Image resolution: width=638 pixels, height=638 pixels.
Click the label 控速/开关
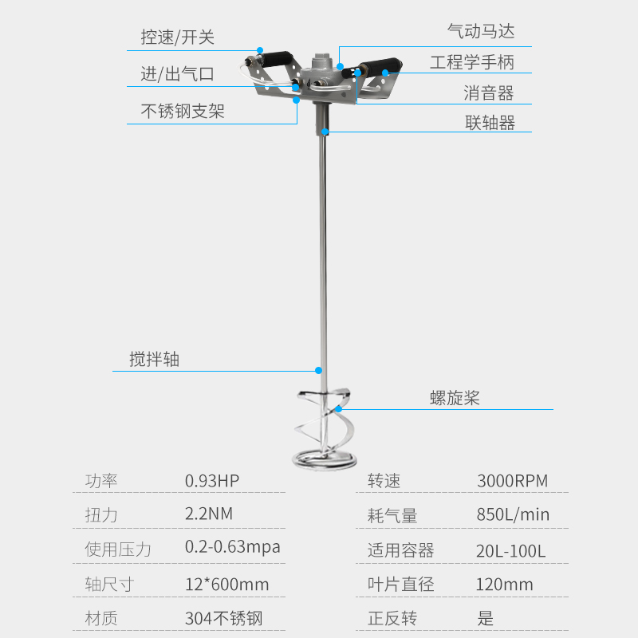[178, 37]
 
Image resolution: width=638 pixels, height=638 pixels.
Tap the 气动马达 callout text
[481, 31]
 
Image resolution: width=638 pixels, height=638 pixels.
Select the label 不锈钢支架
[183, 111]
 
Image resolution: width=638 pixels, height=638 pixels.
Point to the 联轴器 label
[490, 122]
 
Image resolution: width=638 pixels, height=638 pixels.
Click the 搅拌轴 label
[155, 360]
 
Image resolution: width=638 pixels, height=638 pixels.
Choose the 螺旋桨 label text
[455, 398]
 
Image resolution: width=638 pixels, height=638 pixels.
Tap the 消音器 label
[489, 93]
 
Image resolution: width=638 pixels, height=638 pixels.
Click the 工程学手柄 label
[472, 62]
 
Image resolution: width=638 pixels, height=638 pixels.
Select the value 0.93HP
[212, 481]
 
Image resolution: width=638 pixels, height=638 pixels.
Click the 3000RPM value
[512, 481]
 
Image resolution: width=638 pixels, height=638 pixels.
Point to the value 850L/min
[513, 514]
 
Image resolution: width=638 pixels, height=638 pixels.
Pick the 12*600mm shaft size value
[226, 585]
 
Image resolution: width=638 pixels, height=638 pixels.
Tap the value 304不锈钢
[223, 618]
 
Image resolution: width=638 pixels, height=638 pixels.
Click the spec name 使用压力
[118, 549]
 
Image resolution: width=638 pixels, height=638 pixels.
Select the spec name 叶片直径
[401, 585]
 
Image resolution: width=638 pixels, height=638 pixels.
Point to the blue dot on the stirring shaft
[318, 370]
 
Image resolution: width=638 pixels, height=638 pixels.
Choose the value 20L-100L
[511, 550]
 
